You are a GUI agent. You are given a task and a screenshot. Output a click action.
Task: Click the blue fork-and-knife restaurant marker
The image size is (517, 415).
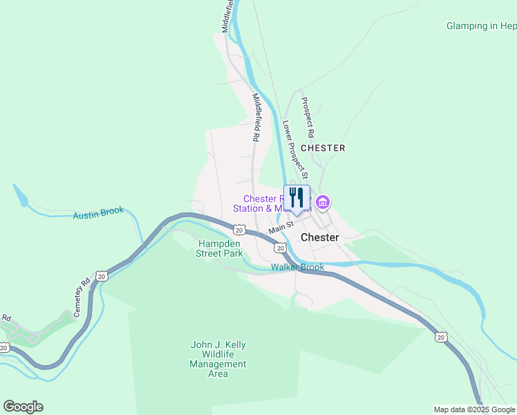[297, 198]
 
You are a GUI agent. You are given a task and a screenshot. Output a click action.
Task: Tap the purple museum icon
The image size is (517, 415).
[322, 203]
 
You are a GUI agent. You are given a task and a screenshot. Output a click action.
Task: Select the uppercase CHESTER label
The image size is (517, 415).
[323, 148]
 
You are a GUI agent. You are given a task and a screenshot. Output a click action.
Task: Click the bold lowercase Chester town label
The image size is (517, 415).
[320, 237]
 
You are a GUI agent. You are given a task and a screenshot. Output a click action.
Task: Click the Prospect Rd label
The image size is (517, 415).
[308, 117]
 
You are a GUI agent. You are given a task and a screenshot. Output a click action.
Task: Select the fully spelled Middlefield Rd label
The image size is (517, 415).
[256, 118]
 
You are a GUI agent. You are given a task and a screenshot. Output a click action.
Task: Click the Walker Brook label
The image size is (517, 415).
[297, 267]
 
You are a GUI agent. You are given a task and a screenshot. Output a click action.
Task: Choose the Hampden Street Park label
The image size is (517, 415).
[220, 248]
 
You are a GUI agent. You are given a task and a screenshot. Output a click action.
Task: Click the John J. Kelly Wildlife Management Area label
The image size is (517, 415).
[218, 359]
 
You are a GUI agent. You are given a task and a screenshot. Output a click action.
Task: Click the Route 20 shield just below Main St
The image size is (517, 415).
[279, 248]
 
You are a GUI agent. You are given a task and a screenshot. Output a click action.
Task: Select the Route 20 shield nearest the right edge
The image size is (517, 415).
[440, 337]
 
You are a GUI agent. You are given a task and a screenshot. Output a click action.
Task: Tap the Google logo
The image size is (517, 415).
[23, 407]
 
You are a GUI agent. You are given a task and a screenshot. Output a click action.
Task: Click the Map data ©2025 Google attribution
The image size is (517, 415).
[474, 409]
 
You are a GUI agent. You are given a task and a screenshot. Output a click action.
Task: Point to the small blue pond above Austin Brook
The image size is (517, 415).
[21, 196]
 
